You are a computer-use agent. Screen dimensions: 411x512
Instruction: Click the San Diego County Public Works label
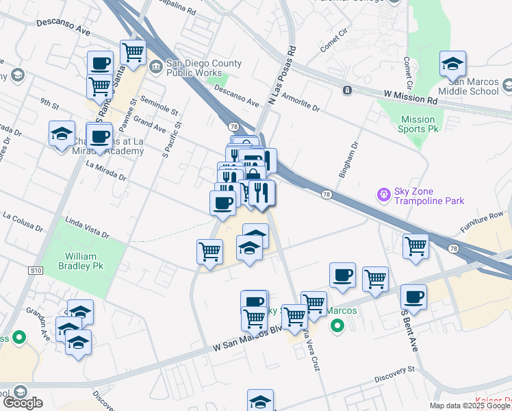[203, 68]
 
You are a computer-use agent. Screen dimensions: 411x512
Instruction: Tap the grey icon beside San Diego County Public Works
[155, 66]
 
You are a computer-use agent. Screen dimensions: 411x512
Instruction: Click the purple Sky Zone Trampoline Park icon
[383, 195]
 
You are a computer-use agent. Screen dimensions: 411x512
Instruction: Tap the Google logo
[23, 403]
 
